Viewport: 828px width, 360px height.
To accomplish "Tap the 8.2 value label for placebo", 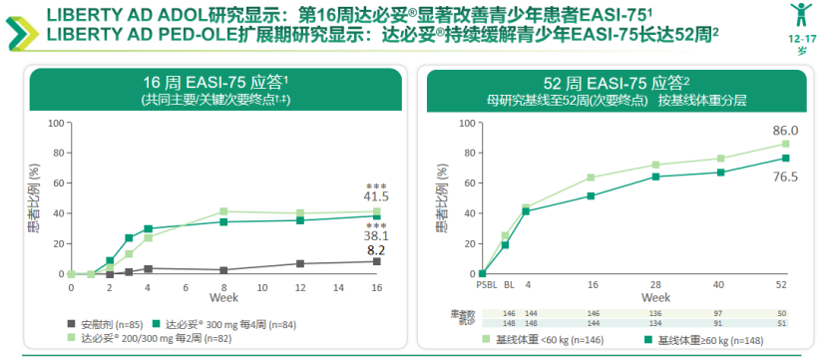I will click(376, 250).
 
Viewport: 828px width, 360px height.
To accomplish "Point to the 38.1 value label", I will click(375, 236).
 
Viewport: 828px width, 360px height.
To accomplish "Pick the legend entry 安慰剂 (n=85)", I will click(107, 324).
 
